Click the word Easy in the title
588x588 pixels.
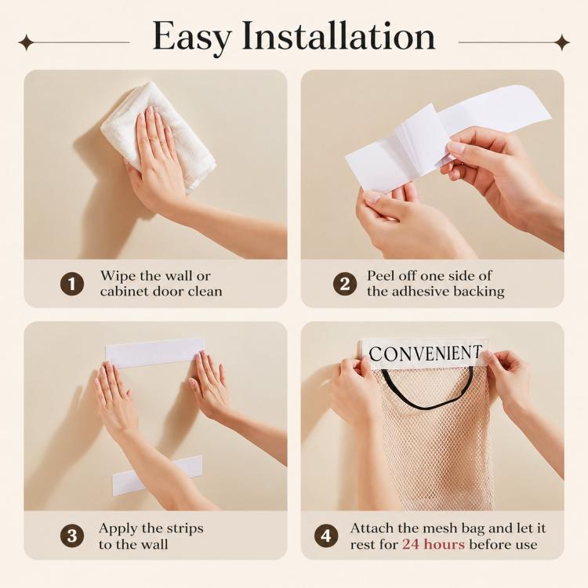point(191,38)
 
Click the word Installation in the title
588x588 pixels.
point(339,35)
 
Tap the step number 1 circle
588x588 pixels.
point(72,285)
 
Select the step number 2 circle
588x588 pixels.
point(345,285)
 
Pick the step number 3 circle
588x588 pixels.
point(72,536)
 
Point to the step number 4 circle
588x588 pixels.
point(326,536)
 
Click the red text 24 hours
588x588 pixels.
point(434,544)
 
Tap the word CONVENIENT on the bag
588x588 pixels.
point(425,354)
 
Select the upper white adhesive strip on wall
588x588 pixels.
point(154,353)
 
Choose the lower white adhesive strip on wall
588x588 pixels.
point(158,476)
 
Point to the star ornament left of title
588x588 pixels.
point(26,42)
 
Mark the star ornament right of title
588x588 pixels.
point(562,42)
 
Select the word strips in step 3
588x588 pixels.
point(183,529)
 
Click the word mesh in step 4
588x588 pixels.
point(439,528)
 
